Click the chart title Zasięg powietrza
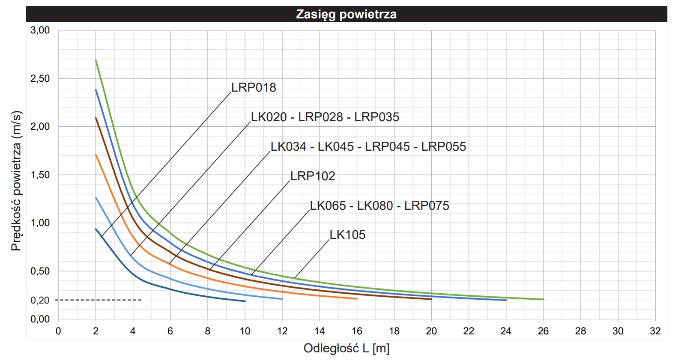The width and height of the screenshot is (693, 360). coord(346,14)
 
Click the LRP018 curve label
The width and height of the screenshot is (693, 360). coord(254,87)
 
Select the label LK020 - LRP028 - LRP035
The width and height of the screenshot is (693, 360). coord(325,117)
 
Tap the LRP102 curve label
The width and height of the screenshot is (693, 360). coord(313,176)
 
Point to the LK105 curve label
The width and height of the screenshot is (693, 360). coord(347,235)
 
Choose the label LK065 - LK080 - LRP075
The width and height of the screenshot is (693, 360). coord(379,205)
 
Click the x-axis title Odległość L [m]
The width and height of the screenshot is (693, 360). coord(346,348)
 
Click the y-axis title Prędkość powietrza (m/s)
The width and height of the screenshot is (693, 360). coord(16,181)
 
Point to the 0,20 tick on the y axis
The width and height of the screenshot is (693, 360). coord(40,300)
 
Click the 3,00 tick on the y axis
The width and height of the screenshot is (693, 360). coord(40,30)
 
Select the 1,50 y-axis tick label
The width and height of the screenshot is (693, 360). coord(40,175)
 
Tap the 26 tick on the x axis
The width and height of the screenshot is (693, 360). coord(543,331)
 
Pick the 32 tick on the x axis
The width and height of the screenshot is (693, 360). coord(655,331)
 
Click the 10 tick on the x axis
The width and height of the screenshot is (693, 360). coord(245,331)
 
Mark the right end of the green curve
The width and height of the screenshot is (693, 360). coord(543,299)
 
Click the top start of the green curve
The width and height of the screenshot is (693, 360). coord(96,60)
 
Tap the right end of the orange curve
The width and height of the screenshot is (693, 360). coord(357,299)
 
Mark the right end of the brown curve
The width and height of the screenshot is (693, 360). coord(431,299)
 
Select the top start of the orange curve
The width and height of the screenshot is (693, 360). coord(96,155)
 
